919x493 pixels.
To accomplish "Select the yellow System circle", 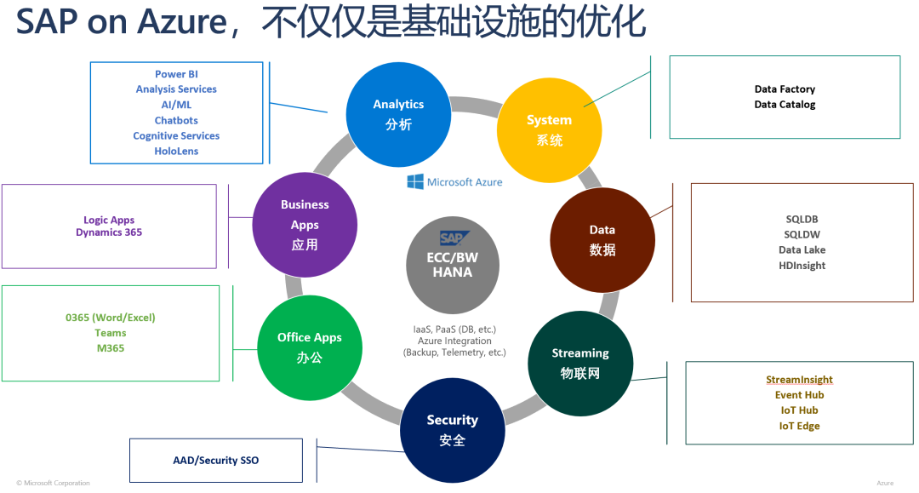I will click(549, 129).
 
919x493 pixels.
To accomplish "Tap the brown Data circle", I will click(602, 240).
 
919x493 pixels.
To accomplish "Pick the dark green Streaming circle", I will click(580, 363).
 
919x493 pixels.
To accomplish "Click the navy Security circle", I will click(452, 429).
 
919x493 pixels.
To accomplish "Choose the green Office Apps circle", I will click(310, 347).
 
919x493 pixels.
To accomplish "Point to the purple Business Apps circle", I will click(305, 225).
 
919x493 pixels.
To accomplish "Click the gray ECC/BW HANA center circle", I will click(452, 264).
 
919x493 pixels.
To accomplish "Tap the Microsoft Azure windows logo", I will click(415, 181).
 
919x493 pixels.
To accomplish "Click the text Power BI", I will click(176, 74).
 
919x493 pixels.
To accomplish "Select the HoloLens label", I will click(176, 151).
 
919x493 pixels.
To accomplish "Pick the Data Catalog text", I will click(785, 105).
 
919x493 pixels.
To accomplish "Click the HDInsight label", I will click(802, 266).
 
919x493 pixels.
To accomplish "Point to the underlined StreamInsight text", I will click(799, 380).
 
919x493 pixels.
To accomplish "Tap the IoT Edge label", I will click(799, 426).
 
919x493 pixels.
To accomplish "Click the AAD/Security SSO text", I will click(215, 461).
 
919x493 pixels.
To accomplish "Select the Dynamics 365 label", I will click(109, 232).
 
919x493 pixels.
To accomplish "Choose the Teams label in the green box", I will click(111, 333).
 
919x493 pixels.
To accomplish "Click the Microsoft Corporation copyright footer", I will click(53, 483).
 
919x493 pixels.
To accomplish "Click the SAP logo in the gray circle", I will click(452, 238).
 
